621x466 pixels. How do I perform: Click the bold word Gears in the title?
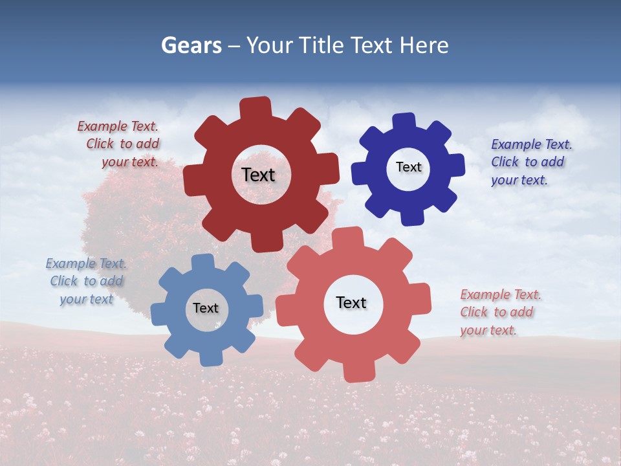pyautogui.click(x=191, y=45)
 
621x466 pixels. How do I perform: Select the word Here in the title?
pyautogui.click(x=424, y=45)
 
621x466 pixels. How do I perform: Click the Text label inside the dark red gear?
pyautogui.click(x=258, y=175)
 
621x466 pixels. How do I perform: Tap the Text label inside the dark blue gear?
pyautogui.click(x=408, y=167)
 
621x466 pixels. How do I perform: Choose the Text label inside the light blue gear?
pyautogui.click(x=206, y=308)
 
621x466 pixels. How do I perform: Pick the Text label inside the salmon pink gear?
pyautogui.click(x=351, y=302)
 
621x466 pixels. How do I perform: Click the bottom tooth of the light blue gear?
pyautogui.click(x=211, y=357)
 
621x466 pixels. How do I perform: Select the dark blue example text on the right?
pyautogui.click(x=530, y=162)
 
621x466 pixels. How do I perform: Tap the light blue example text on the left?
pyautogui.click(x=86, y=281)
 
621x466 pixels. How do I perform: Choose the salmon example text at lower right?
pyautogui.click(x=499, y=312)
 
